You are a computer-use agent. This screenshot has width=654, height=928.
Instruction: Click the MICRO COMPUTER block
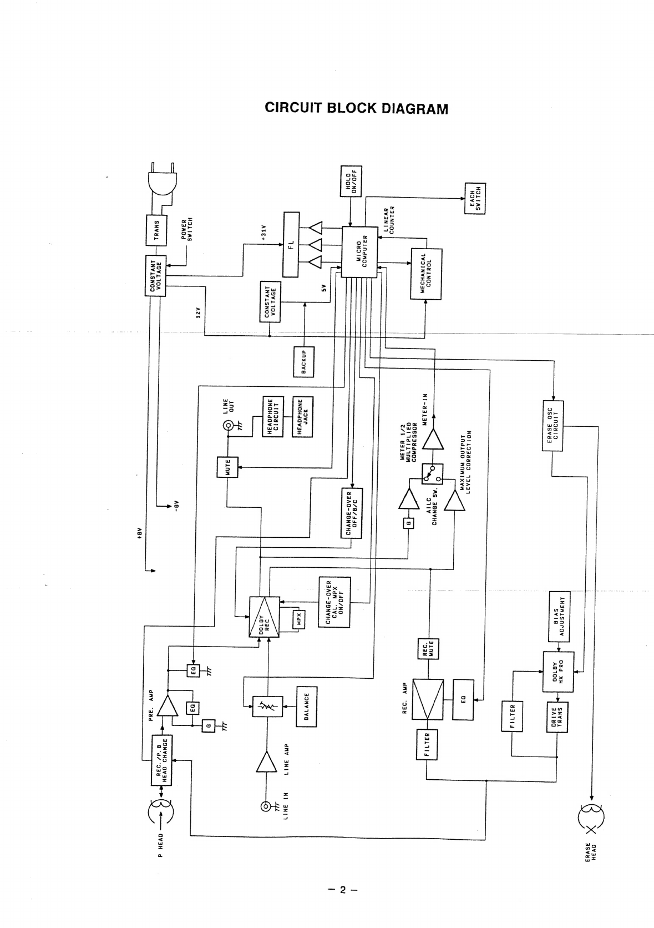pyautogui.click(x=359, y=251)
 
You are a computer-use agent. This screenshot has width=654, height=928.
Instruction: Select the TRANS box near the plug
pyautogui.click(x=156, y=230)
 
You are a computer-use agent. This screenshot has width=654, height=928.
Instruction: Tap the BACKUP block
pyautogui.click(x=303, y=362)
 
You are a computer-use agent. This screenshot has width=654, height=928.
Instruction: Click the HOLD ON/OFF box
pyautogui.click(x=351, y=181)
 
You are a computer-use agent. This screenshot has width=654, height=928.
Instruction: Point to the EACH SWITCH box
pyautogui.click(x=475, y=199)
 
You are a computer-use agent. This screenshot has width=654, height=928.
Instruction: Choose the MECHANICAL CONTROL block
pyautogui.click(x=426, y=274)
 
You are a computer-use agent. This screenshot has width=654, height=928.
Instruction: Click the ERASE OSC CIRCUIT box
pyautogui.click(x=552, y=426)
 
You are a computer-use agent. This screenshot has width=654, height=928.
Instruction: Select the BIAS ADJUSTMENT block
pyautogui.click(x=559, y=616)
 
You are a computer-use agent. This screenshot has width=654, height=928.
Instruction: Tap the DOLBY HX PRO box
pyautogui.click(x=558, y=672)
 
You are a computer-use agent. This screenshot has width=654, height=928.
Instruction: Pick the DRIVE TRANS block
pyautogui.click(x=557, y=717)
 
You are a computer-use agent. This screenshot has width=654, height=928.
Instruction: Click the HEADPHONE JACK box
pyautogui.click(x=302, y=417)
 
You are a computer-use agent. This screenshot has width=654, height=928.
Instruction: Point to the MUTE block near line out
pyautogui.click(x=227, y=467)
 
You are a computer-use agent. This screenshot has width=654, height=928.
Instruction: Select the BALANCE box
pyautogui.click(x=306, y=707)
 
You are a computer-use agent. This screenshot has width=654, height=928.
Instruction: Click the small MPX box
pyautogui.click(x=299, y=620)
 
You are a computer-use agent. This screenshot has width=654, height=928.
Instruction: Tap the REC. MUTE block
pyautogui.click(x=428, y=649)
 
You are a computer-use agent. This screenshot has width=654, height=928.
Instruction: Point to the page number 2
pyautogui.click(x=342, y=890)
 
